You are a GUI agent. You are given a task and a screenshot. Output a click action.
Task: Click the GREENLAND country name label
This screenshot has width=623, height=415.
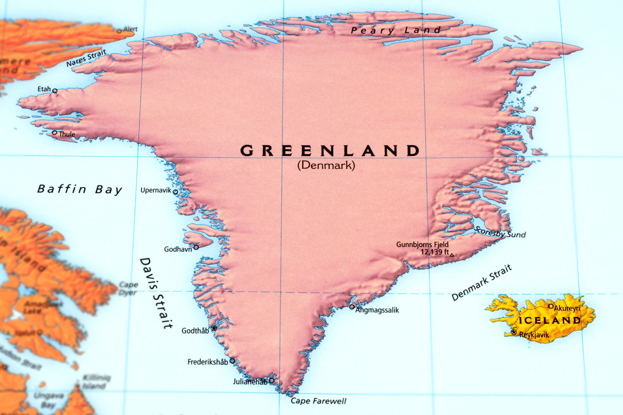(x=329, y=151)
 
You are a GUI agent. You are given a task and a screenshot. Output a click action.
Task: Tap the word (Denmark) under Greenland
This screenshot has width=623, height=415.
(x=326, y=166)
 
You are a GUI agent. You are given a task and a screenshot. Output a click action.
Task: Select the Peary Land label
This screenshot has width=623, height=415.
(x=396, y=30)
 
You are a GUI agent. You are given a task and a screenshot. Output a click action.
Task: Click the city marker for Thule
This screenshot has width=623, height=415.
(x=55, y=132)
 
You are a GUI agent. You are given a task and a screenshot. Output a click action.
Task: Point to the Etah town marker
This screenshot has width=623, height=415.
(x=55, y=90)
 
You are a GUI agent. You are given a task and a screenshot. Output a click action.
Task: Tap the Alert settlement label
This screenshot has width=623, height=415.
(x=130, y=30)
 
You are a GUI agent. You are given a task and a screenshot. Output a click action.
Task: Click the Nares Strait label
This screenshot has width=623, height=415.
(x=86, y=58)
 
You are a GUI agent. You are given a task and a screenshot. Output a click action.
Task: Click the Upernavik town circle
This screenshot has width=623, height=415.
(x=175, y=192)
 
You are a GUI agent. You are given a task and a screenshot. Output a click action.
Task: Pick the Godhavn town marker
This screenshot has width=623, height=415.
(x=196, y=247)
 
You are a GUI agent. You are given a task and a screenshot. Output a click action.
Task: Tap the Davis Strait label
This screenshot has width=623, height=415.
(x=155, y=293)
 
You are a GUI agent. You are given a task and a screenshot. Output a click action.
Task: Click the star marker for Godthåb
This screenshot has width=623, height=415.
(x=213, y=328)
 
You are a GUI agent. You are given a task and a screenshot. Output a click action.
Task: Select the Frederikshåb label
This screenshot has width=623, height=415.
(x=208, y=362)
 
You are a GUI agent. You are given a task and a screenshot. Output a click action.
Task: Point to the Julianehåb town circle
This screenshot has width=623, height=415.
(x=271, y=381)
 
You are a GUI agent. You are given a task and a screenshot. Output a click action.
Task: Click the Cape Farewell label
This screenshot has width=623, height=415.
(x=318, y=401)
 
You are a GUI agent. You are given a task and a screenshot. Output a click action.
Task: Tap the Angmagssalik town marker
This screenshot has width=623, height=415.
(x=351, y=307)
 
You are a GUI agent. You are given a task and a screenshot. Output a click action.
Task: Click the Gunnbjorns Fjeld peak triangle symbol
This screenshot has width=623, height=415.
(x=452, y=255)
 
